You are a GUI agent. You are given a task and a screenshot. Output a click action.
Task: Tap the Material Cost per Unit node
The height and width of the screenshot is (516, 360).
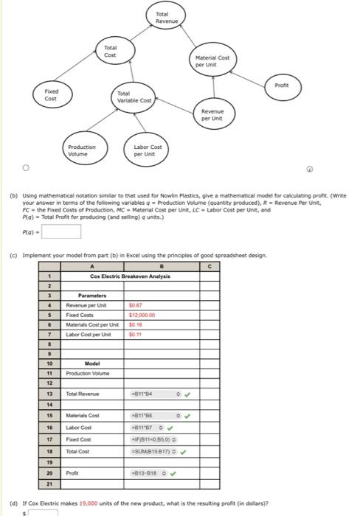pyautogui.click(x=212, y=61)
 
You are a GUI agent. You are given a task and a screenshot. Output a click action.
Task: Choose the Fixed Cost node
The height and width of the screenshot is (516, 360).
pyautogui.click(x=51, y=96)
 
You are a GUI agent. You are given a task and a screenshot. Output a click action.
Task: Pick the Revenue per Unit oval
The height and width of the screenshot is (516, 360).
pyautogui.click(x=212, y=115)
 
